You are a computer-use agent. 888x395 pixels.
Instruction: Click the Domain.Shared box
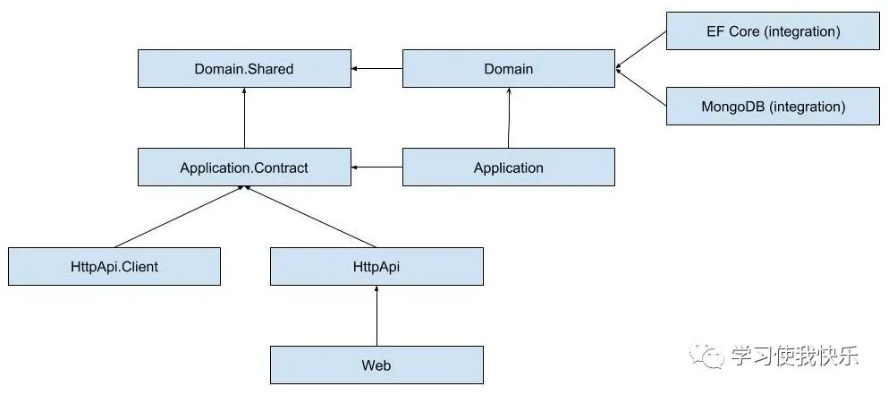(x=244, y=69)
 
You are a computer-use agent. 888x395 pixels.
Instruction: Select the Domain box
(x=509, y=69)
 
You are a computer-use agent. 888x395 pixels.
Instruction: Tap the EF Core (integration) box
(x=773, y=31)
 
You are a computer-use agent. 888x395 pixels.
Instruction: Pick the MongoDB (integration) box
(x=773, y=106)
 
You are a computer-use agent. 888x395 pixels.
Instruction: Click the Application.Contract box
(x=244, y=167)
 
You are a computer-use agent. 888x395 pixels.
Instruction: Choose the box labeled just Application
(x=509, y=167)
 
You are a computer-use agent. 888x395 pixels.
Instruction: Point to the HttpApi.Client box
(x=114, y=266)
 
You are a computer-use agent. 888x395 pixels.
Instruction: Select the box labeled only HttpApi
(x=376, y=266)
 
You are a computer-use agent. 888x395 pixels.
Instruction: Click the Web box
(x=376, y=365)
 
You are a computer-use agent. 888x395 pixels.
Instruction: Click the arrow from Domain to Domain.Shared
(x=376, y=69)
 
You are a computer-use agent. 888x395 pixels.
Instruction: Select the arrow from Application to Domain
(x=509, y=118)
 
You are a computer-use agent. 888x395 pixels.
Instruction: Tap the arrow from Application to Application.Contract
(x=376, y=167)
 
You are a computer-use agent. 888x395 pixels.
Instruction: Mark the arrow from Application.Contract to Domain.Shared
(x=244, y=118)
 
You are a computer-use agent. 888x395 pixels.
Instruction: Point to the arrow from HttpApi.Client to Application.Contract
(x=178, y=216)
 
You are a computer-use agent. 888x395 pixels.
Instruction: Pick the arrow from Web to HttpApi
(x=376, y=315)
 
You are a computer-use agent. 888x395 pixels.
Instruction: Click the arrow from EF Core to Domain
(x=640, y=50)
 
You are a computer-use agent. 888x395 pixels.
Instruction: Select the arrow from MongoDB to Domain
(x=640, y=88)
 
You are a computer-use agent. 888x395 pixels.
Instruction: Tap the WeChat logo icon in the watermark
(x=706, y=356)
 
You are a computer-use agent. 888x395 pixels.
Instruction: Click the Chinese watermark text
(x=795, y=356)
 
